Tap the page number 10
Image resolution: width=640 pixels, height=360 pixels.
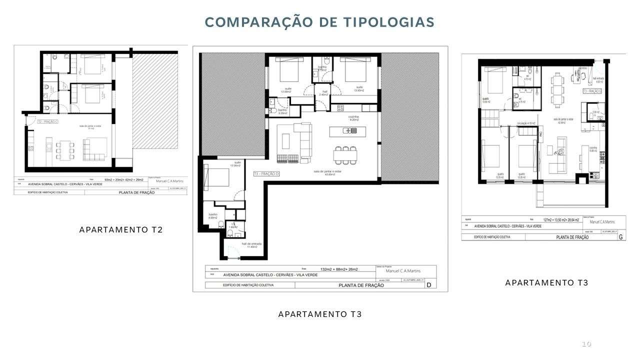[x=586, y=344]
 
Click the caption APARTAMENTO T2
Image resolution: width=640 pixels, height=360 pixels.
[x=121, y=229]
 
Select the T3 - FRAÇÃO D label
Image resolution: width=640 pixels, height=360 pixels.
[x=266, y=173]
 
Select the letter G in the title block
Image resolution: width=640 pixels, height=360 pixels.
[x=620, y=237]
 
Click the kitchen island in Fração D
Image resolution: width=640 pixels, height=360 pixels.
[x=343, y=130]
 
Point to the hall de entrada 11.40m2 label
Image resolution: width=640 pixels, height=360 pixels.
[x=249, y=245]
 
